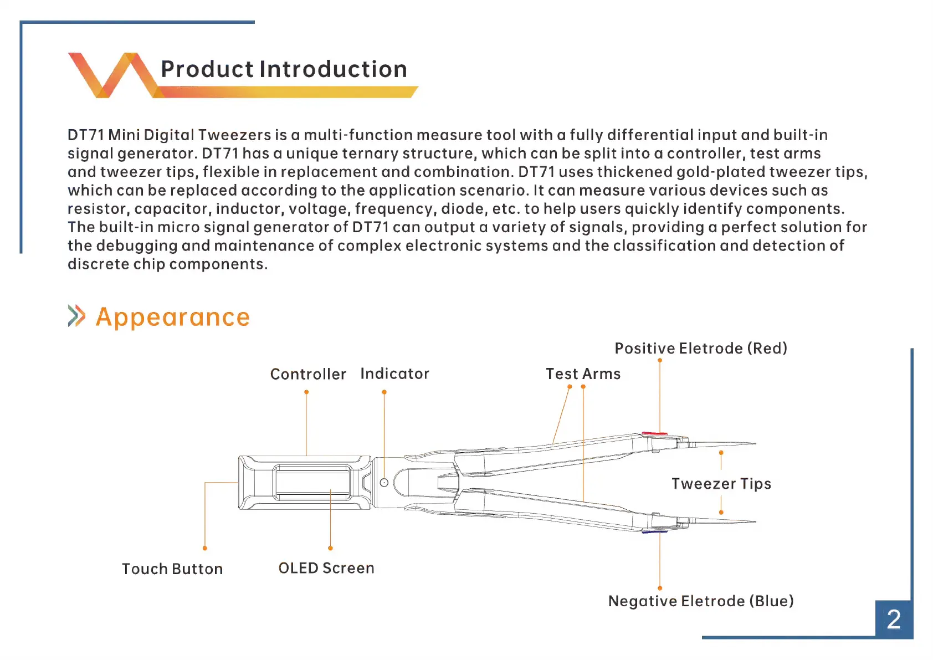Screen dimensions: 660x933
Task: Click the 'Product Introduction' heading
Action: pyautogui.click(x=284, y=69)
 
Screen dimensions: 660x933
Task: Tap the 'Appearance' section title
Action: pyautogui.click(x=172, y=317)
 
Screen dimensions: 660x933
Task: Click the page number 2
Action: pyautogui.click(x=893, y=619)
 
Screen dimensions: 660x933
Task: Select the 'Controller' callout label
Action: pyautogui.click(x=308, y=374)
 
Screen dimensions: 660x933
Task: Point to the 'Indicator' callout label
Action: pyautogui.click(x=394, y=374)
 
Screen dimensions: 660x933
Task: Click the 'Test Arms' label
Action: pyautogui.click(x=583, y=374)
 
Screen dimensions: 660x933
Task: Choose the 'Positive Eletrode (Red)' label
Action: pyautogui.click(x=701, y=348)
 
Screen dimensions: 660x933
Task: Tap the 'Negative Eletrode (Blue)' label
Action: pyautogui.click(x=701, y=601)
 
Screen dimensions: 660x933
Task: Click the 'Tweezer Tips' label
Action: pyautogui.click(x=721, y=484)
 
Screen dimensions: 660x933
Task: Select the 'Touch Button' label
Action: pyautogui.click(x=172, y=569)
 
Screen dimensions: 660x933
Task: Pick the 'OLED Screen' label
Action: pyautogui.click(x=326, y=568)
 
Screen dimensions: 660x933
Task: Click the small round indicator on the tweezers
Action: pyautogui.click(x=384, y=483)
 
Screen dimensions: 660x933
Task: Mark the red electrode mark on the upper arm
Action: pyautogui.click(x=654, y=433)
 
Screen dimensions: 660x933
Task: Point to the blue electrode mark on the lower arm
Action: pyautogui.click(x=654, y=531)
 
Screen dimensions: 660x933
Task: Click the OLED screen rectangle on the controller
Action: pyautogui.click(x=312, y=482)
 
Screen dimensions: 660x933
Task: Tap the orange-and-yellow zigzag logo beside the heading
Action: pyautogui.click(x=111, y=75)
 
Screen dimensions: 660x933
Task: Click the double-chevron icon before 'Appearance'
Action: pyautogui.click(x=76, y=316)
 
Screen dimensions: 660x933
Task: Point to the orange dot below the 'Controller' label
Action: pyautogui.click(x=306, y=392)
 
